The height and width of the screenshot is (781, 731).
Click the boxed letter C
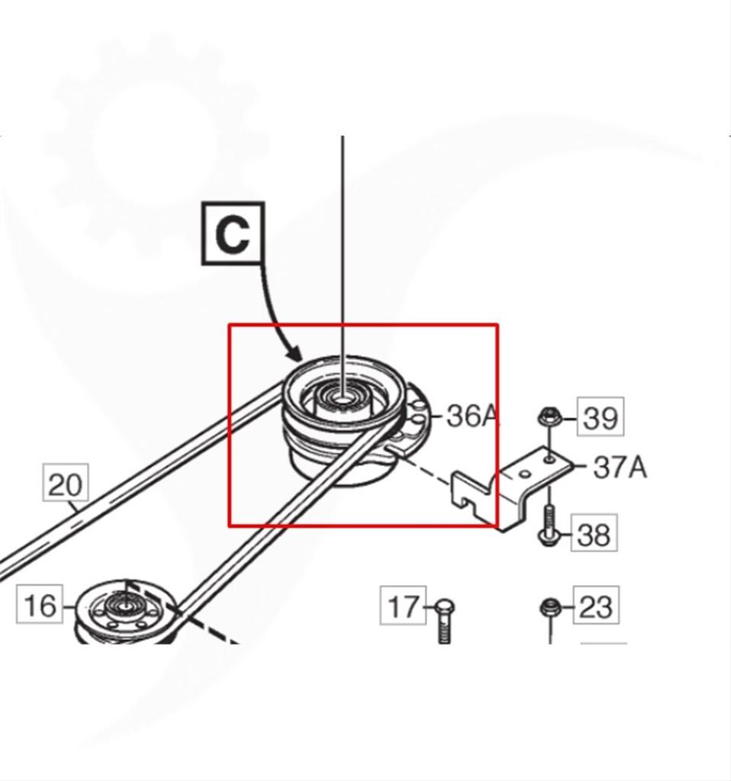[233, 233]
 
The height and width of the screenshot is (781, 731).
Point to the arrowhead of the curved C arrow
[296, 355]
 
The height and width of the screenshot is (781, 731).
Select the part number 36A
[472, 416]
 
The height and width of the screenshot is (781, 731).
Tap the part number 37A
[620, 467]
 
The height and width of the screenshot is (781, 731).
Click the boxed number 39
[600, 417]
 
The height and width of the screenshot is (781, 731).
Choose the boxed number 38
[594, 535]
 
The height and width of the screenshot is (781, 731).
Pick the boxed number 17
[403, 607]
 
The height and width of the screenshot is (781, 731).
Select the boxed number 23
[595, 607]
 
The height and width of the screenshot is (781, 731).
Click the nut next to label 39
[548, 417]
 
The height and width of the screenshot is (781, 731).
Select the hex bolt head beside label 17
[445, 608]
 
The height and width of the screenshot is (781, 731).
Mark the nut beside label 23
[549, 608]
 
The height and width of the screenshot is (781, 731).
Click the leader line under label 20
[75, 507]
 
